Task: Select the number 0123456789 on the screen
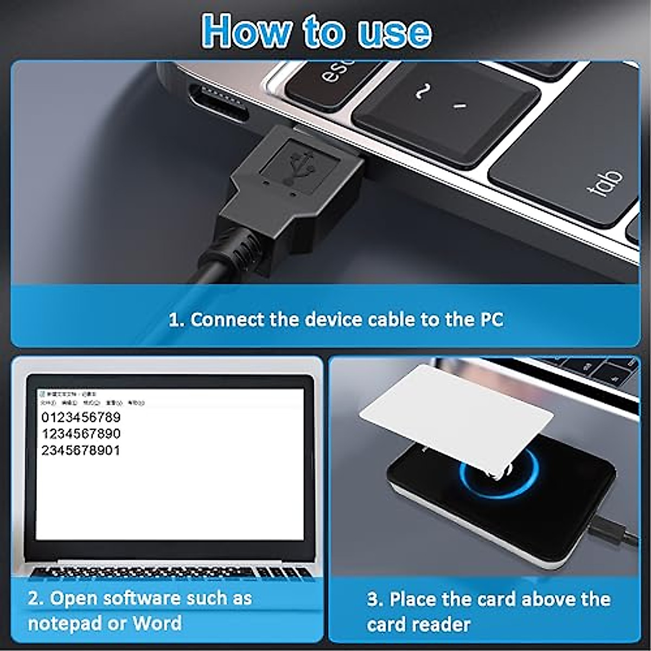tap(81, 417)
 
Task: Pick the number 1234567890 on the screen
tap(81, 433)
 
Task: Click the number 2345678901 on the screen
tap(81, 450)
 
